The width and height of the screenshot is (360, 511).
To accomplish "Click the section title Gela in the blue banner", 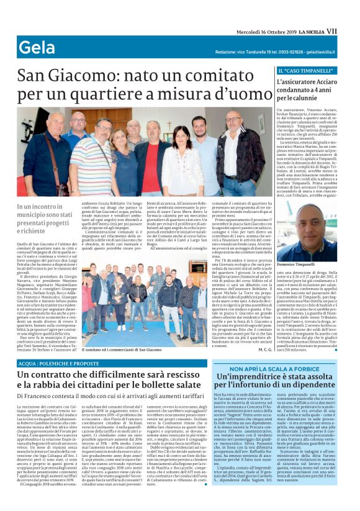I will click(x=37, y=47).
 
